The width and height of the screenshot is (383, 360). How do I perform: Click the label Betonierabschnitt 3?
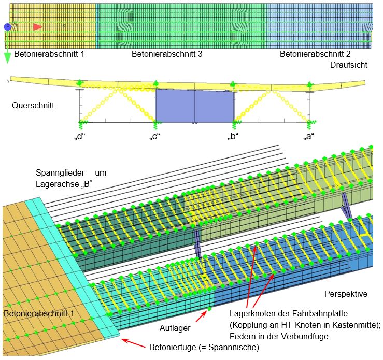click(167, 54)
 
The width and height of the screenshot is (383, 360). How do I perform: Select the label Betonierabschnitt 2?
click(315, 54)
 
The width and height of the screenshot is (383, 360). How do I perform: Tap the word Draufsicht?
click(349, 65)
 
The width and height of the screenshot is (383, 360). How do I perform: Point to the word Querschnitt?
click(33, 106)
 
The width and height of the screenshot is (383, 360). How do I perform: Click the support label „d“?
click(80, 136)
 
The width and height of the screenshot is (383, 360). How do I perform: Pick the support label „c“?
click(154, 136)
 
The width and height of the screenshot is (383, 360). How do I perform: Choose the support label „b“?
click(233, 136)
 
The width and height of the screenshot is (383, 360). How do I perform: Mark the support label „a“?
click(309, 136)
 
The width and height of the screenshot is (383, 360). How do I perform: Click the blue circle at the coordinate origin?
click(8, 26)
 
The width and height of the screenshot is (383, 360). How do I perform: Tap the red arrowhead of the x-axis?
click(37, 27)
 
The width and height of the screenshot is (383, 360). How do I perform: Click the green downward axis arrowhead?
click(8, 59)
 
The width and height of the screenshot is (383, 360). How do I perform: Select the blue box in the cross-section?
click(195, 106)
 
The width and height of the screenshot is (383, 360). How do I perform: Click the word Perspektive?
click(346, 294)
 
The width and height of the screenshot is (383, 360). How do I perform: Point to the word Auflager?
click(175, 328)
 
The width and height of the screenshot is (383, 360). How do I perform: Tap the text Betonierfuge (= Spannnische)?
click(204, 347)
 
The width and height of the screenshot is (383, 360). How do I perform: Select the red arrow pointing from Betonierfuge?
click(134, 343)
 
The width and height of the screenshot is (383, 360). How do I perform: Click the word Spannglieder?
click(60, 173)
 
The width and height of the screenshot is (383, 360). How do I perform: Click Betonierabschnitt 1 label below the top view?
click(49, 54)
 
